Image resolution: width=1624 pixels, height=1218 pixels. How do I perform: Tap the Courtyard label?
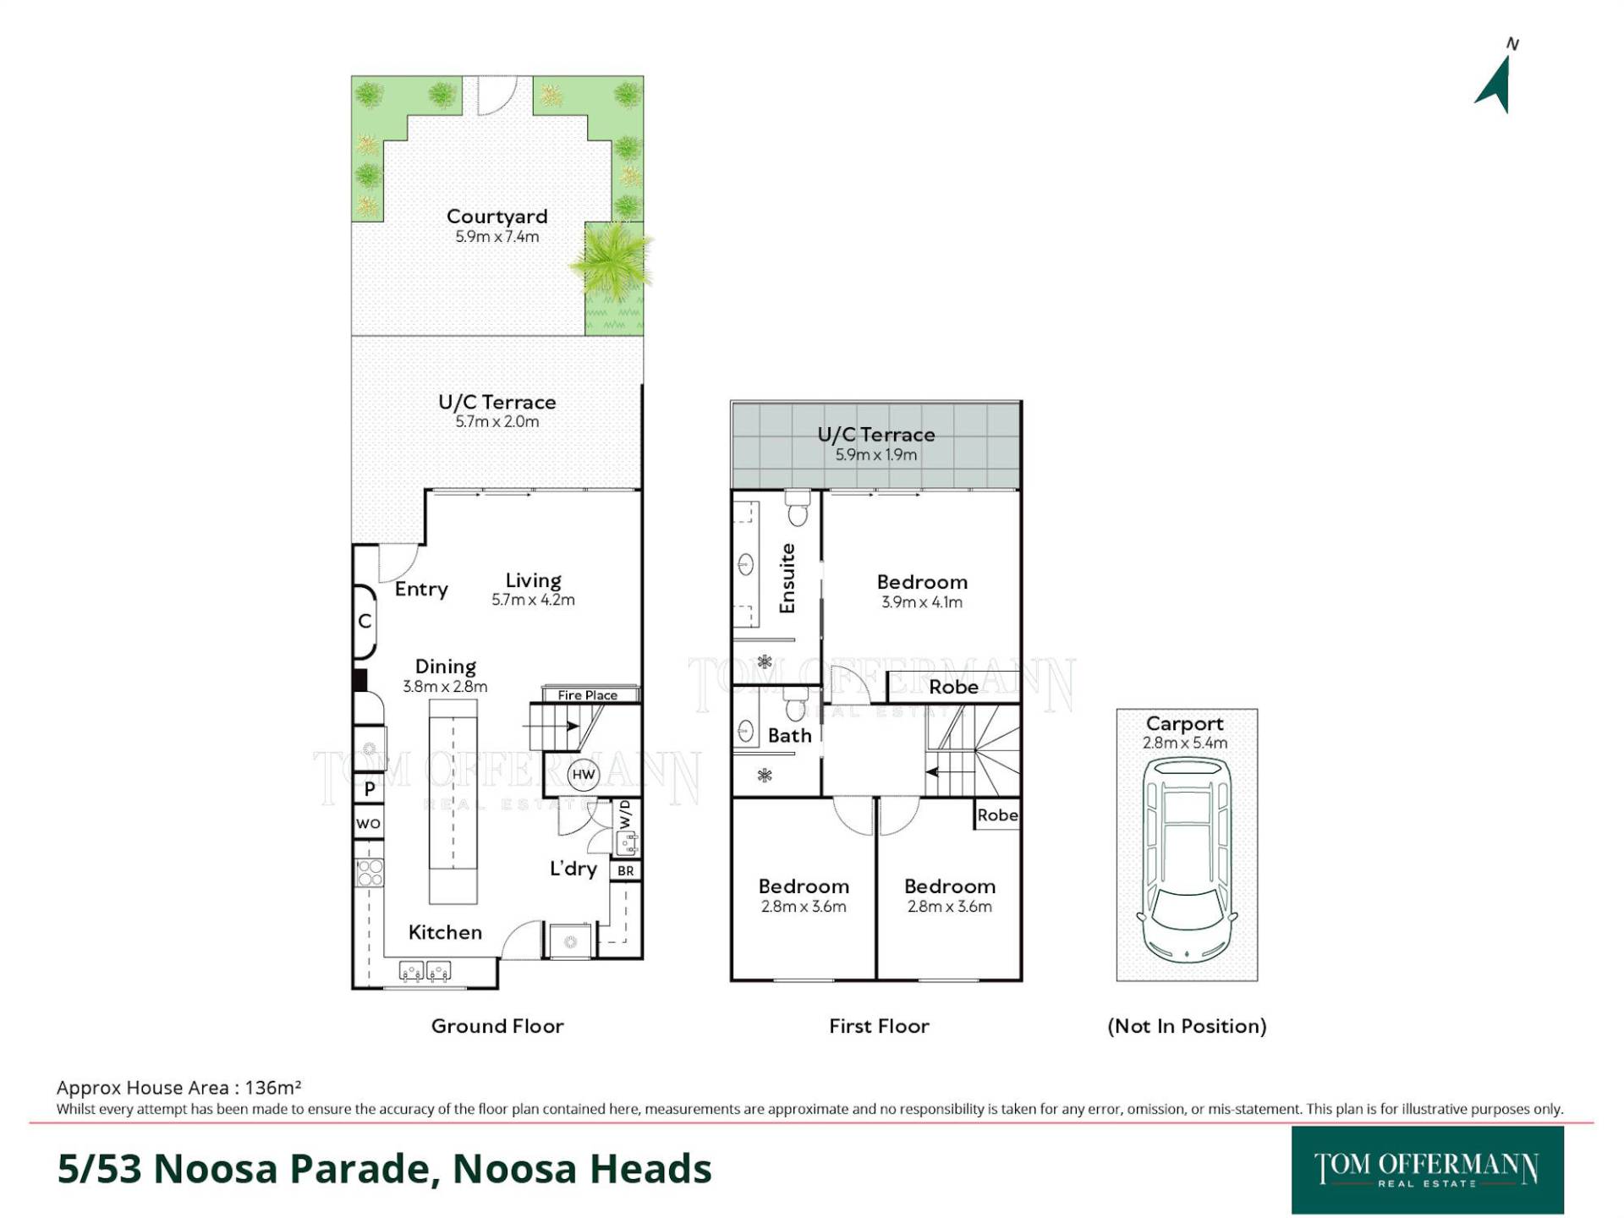point(497,217)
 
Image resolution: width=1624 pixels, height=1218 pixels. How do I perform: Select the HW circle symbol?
point(584,774)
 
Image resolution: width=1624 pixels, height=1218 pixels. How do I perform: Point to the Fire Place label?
point(588,695)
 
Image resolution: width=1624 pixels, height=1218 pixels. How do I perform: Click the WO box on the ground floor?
point(368,824)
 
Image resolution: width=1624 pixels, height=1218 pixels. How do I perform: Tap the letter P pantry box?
point(369,789)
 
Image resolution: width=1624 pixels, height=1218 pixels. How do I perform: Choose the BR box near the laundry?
point(625,870)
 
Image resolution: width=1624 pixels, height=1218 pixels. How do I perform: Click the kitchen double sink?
point(425,971)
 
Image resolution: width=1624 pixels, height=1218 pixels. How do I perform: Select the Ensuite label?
point(787,579)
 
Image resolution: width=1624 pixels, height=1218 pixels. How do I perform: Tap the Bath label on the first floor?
point(790,736)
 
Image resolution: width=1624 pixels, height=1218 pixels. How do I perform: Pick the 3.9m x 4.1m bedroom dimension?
point(922,602)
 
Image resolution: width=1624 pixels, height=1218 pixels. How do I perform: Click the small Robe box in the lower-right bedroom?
point(997,815)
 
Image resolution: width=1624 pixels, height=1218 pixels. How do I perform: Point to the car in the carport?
point(1186,860)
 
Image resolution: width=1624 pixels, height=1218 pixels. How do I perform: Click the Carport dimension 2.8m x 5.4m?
point(1185,743)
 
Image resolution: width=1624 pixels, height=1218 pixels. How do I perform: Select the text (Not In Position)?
point(1187,1026)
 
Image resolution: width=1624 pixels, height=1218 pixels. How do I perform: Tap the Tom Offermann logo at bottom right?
point(1427,1170)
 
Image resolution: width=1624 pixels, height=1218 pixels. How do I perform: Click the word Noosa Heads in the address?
point(582,1168)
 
